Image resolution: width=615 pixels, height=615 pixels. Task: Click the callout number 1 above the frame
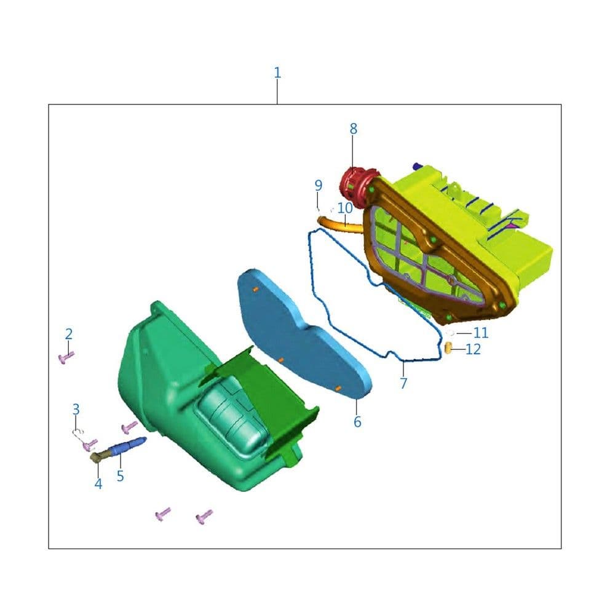(277, 73)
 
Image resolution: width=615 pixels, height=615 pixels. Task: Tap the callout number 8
(354, 129)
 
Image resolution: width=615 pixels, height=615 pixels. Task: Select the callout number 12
(473, 349)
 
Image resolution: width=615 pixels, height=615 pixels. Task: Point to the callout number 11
(481, 333)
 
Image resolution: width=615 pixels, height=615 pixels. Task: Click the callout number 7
(403, 383)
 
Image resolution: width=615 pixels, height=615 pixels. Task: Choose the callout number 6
(357, 422)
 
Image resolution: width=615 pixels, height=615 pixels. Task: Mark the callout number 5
(121, 476)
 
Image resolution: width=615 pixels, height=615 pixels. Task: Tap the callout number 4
(98, 484)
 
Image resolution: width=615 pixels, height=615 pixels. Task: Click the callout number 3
(76, 409)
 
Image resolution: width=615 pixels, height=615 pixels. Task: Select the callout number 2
(69, 334)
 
